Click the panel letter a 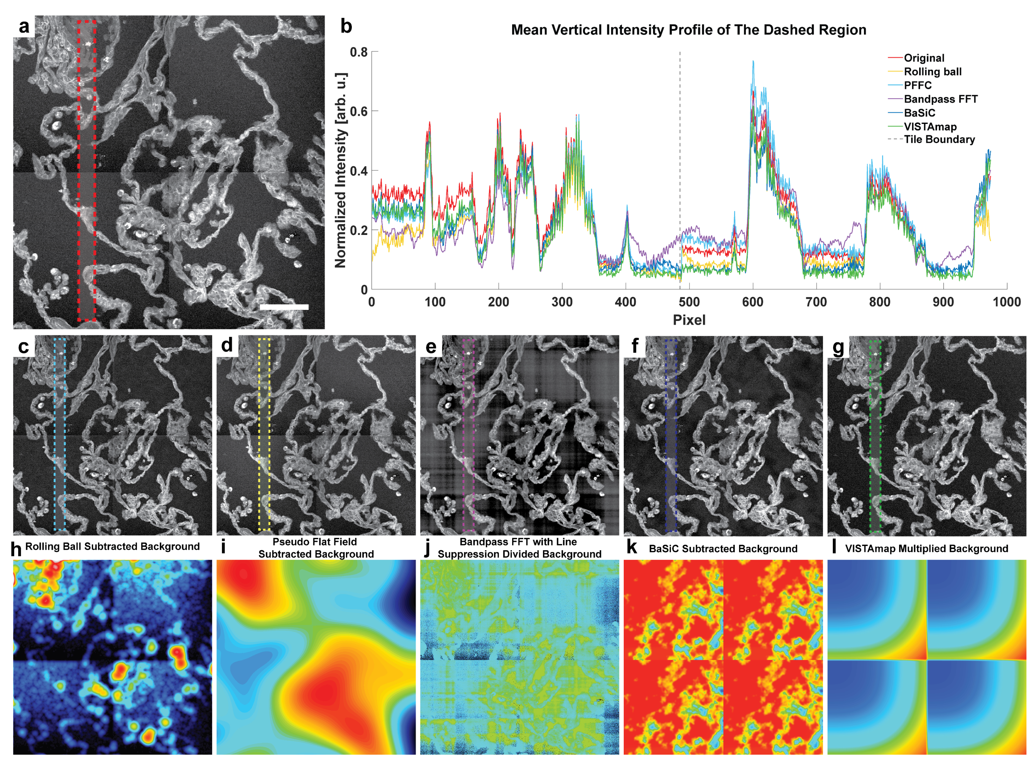24,27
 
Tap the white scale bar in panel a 284,307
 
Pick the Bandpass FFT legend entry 940,99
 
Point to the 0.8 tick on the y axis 359,52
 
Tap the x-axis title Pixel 689,320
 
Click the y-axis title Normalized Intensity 341,170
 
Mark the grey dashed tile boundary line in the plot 680,139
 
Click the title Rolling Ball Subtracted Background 112,546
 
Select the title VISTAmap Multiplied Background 926,549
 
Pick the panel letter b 346,27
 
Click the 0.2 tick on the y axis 359,230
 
